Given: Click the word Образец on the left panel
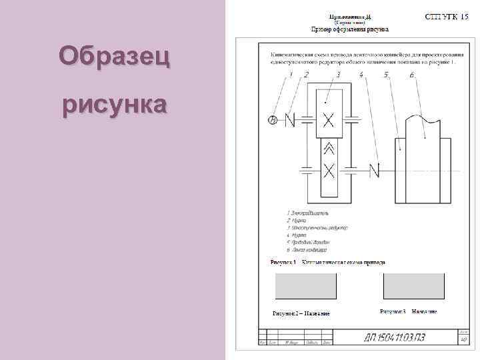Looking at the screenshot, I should coord(113,57).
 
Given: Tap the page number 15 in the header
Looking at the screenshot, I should coord(464,16).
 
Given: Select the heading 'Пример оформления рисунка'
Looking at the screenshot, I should coord(349,30).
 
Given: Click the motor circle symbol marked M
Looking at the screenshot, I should coord(272,121).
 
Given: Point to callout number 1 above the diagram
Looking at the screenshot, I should coord(292,75).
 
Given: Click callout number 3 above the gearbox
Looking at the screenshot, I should coord(339,75).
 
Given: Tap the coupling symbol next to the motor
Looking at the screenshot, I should coord(290,121).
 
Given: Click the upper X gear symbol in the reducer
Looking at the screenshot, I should coord(328,121).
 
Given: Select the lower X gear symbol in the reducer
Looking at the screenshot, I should coord(328,170).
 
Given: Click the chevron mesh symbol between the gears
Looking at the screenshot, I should coord(328,149).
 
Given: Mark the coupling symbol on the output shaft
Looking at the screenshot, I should coord(375,170).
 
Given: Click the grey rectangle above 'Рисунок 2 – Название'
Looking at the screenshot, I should coord(306,286).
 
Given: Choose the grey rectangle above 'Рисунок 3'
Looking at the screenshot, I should coord(414,286).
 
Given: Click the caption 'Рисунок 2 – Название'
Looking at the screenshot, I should coord(301,313).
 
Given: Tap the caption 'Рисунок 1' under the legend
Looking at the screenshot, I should coord(283,263).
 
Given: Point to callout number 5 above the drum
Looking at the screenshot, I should coord(387,75).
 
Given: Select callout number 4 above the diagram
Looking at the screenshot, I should coord(361,75).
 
